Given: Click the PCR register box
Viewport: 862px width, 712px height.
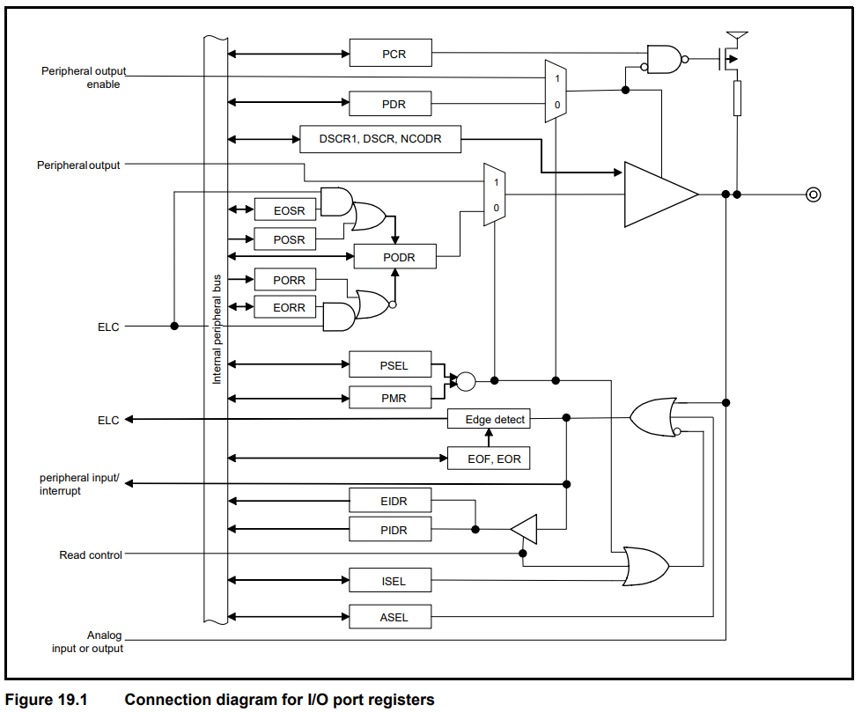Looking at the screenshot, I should [x=391, y=53].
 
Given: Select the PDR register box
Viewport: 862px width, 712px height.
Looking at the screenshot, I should [x=391, y=104].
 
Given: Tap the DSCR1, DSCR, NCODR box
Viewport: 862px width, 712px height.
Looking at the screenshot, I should [x=379, y=139].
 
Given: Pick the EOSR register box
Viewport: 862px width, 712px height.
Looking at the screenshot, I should [x=285, y=209].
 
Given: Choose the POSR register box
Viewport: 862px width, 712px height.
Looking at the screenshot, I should [x=285, y=239].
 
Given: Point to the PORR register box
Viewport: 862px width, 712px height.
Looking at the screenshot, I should [x=285, y=280].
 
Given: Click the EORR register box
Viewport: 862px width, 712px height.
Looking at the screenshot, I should [x=285, y=307].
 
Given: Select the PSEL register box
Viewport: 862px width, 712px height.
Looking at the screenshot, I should [x=391, y=364].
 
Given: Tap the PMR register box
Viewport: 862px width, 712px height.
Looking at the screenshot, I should [x=391, y=398].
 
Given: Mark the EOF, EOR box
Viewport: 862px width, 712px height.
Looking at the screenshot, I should [x=490, y=459].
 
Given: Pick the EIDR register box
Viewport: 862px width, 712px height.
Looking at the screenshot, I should [x=391, y=501].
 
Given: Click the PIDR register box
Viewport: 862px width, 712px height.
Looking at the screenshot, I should [x=391, y=529].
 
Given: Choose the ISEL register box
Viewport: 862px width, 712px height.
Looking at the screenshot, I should [x=391, y=580].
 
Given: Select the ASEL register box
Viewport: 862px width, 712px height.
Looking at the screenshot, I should [x=391, y=616].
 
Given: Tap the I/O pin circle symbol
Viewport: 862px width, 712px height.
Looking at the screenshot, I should [x=814, y=195].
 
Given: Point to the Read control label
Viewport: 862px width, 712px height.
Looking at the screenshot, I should [x=91, y=555].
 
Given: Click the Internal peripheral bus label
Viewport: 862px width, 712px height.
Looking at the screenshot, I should [x=217, y=326].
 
